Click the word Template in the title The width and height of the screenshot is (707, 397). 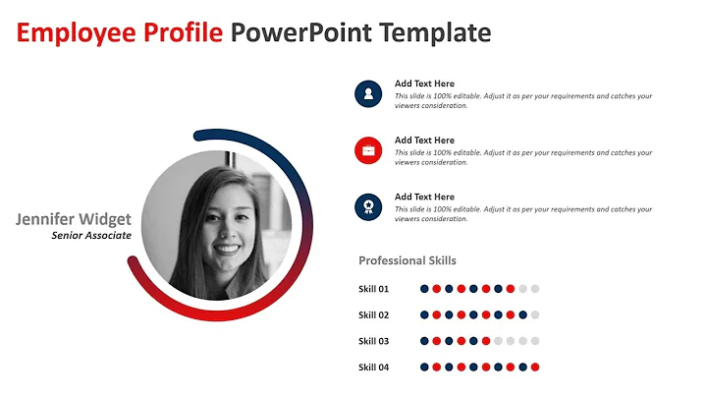click(435, 33)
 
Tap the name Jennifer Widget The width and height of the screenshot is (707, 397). click(73, 219)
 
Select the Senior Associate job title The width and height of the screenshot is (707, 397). click(91, 236)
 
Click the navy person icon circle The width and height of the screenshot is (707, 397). click(368, 94)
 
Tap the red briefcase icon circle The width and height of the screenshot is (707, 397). click(368, 150)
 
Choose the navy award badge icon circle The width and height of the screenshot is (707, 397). click(368, 207)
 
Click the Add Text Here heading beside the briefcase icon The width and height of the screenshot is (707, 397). click(424, 141)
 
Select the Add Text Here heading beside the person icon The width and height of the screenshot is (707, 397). click(424, 84)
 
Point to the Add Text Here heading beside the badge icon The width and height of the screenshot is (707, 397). click(424, 197)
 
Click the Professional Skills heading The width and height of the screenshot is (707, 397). click(407, 260)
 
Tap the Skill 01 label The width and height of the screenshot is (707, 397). click(374, 289)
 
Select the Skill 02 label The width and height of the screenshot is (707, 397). click(374, 315)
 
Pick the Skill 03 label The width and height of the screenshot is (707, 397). click(374, 341)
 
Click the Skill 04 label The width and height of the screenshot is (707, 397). click(374, 368)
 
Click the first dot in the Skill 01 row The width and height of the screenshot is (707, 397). click(424, 289)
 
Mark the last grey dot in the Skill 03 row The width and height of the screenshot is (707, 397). click(535, 341)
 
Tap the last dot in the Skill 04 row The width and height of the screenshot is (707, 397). click(535, 368)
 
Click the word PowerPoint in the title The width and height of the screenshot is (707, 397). click(289, 33)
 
